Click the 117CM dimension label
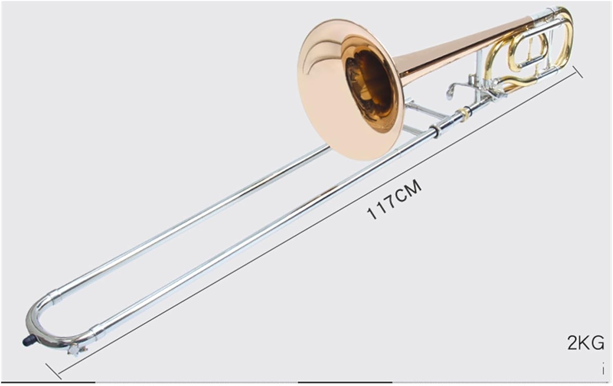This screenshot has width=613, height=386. (394, 200)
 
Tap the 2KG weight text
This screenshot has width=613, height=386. (585, 343)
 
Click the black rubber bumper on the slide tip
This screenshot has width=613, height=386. (27, 339)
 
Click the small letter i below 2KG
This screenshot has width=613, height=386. (603, 369)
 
